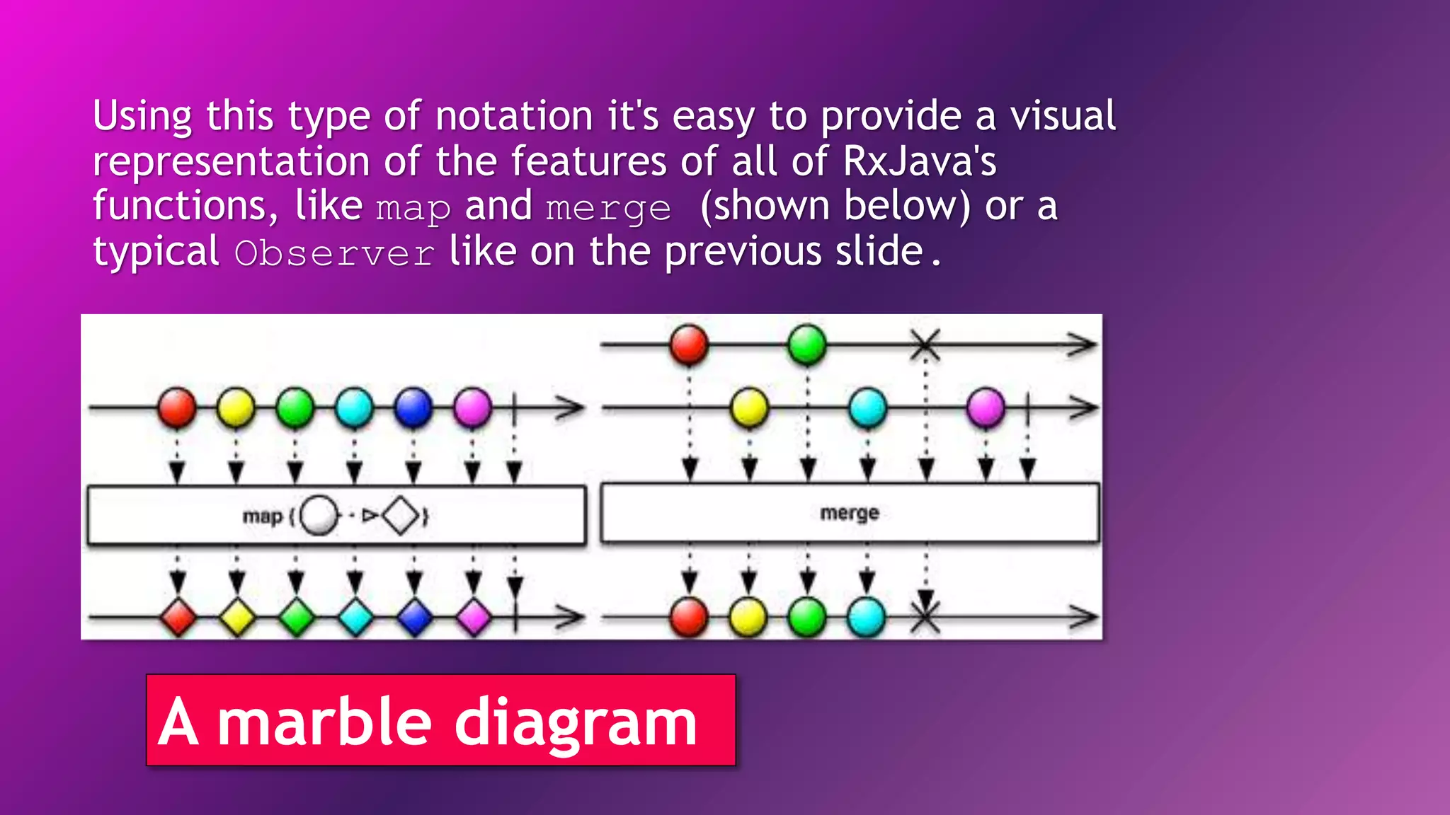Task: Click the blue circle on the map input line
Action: pyautogui.click(x=413, y=407)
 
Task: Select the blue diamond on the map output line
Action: pyautogui.click(x=415, y=617)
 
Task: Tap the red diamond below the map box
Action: pyautogui.click(x=178, y=617)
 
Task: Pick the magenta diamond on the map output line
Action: pyautogui.click(x=474, y=617)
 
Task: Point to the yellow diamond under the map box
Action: pyautogui.click(x=237, y=617)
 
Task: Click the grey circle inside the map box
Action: pyautogui.click(x=319, y=516)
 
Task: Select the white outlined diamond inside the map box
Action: pyautogui.click(x=401, y=516)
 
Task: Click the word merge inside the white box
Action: pyautogui.click(x=850, y=513)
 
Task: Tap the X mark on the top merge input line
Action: pyautogui.click(x=925, y=345)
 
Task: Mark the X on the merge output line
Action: pyautogui.click(x=925, y=617)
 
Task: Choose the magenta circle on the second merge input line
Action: pyautogui.click(x=986, y=408)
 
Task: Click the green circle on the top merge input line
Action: pyautogui.click(x=807, y=345)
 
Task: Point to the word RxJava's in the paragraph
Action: pyautogui.click(x=920, y=161)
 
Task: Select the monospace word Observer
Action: pyautogui.click(x=334, y=253)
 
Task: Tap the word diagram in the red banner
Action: pyautogui.click(x=576, y=722)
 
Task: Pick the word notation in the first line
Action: pyautogui.click(x=514, y=116)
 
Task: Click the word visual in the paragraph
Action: pyautogui.click(x=1063, y=116)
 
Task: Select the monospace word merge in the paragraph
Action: pyautogui.click(x=608, y=208)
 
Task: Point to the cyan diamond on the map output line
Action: pyautogui.click(x=355, y=617)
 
